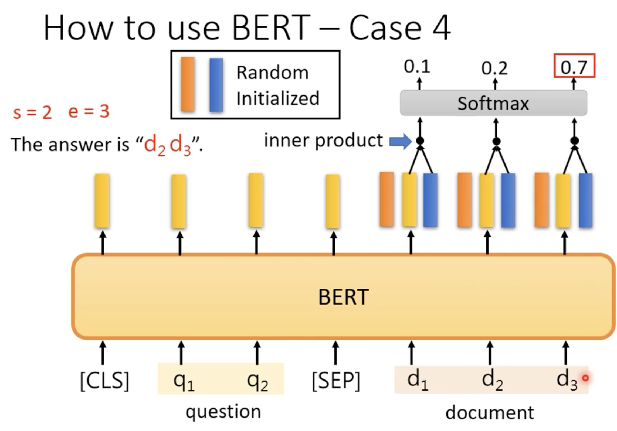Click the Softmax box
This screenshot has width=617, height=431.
point(493,103)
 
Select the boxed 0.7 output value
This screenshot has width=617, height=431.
point(574,66)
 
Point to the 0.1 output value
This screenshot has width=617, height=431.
point(417,66)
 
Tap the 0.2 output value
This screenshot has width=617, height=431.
point(494,68)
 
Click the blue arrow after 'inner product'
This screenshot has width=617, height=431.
point(400,141)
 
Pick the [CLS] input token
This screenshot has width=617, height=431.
point(105,381)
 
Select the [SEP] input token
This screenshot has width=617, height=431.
point(336,381)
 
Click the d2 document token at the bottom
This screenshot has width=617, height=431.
point(493,379)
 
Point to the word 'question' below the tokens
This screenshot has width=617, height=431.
point(223,412)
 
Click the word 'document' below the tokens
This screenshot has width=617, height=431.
point(490,413)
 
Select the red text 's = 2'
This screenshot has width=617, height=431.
point(32,112)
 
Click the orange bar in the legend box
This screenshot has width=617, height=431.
point(188,84)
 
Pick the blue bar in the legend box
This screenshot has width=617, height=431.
point(216,85)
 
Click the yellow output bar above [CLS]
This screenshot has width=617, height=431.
point(102,201)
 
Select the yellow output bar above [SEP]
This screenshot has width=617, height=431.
point(333,201)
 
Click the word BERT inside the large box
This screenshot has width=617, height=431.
point(344,297)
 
